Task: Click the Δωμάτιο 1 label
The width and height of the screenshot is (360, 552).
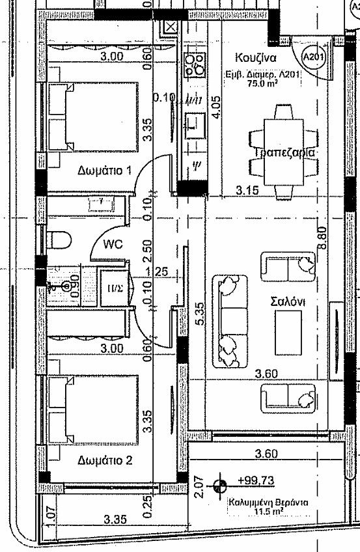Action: pyautogui.click(x=105, y=171)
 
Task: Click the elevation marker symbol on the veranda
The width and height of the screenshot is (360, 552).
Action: pyautogui.click(x=220, y=484)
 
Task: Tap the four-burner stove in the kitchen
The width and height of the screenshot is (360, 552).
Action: pyautogui.click(x=193, y=63)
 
